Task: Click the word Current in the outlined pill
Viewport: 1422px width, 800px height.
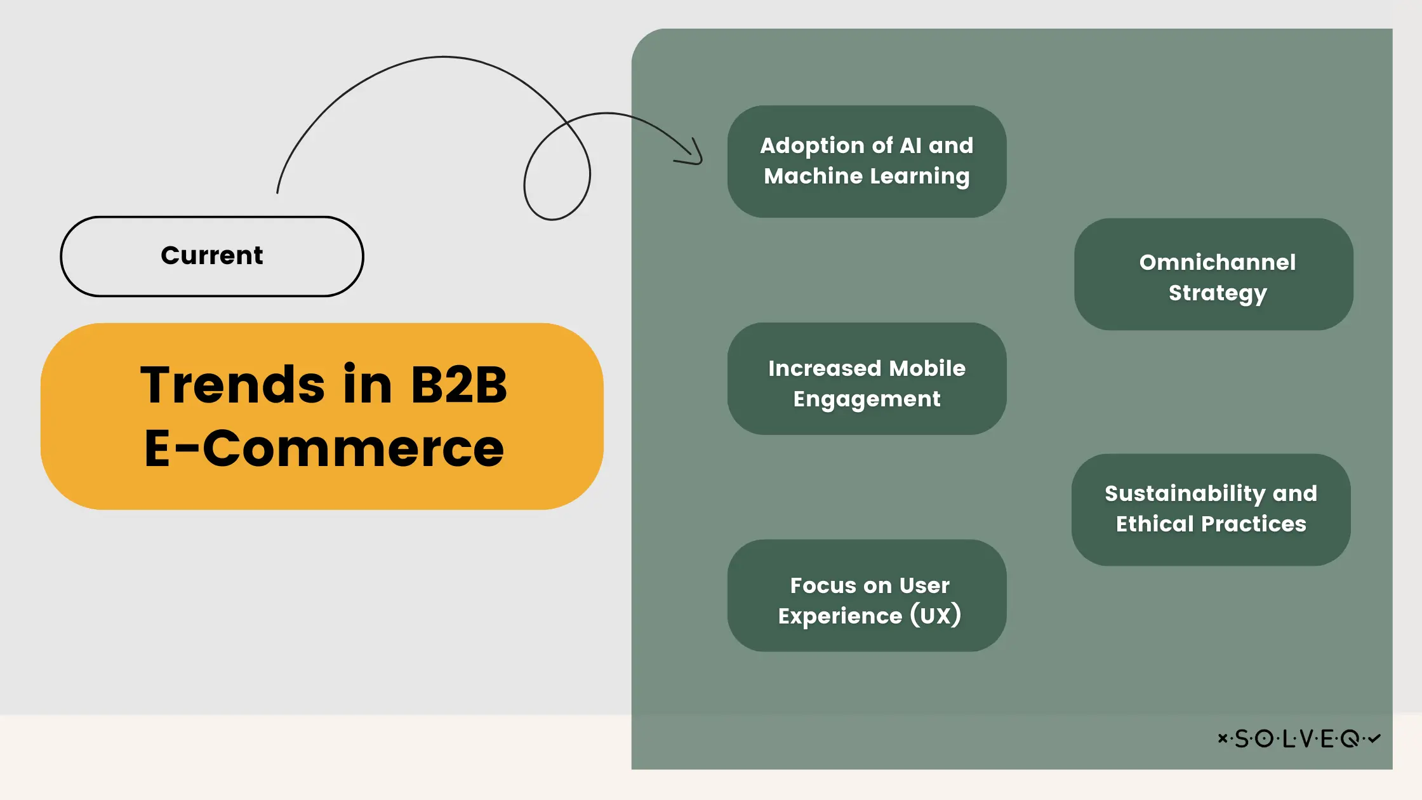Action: coord(211,256)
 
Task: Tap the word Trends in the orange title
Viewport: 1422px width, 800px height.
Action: coord(232,385)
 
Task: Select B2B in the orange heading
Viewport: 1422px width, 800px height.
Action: coord(458,385)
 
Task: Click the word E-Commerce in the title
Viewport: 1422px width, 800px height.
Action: coord(324,448)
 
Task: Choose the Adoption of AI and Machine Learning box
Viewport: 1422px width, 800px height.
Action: coord(867,161)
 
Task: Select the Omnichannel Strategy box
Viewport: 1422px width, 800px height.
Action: coord(1213,274)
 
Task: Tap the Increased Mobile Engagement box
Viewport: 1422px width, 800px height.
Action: coord(867,378)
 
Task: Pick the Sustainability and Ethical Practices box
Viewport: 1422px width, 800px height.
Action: coord(1211,509)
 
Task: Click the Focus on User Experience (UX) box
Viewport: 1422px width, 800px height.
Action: coord(867,596)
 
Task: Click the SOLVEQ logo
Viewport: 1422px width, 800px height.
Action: coord(1299,738)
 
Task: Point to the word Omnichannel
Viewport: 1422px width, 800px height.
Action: coord(1217,262)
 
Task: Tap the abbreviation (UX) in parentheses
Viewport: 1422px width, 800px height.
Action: coord(936,615)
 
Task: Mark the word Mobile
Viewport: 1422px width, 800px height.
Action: coord(927,368)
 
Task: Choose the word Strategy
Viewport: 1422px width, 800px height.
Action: coord(1217,293)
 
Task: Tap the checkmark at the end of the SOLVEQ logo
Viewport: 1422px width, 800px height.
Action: coord(1374,738)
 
